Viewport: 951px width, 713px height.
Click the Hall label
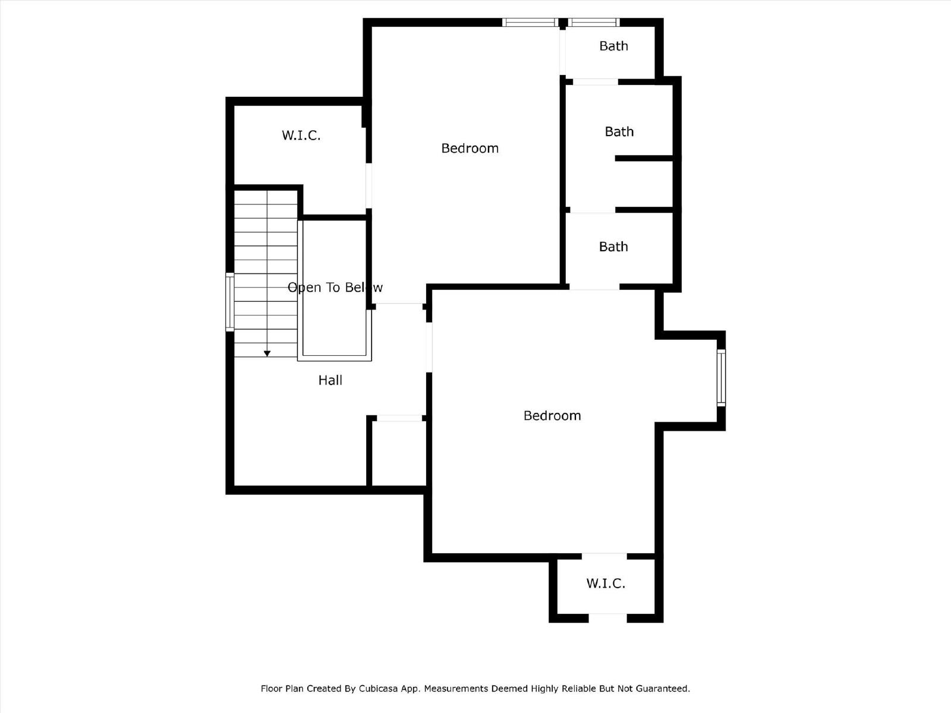click(x=330, y=380)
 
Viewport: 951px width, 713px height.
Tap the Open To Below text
click(x=335, y=288)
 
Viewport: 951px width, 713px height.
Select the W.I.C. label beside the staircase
click(x=301, y=135)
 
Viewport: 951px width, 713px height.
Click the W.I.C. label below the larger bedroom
click(x=606, y=583)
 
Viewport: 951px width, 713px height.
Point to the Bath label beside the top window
click(x=613, y=46)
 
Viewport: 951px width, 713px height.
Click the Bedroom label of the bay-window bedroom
click(x=552, y=415)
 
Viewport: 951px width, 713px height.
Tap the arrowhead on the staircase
click(x=267, y=354)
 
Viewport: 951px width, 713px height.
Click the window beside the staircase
click(x=230, y=302)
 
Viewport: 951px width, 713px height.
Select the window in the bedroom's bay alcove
click(x=721, y=378)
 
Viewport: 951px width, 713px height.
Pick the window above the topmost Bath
click(x=594, y=23)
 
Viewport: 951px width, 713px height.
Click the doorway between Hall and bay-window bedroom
click(x=429, y=347)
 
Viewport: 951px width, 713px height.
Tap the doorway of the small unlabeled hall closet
click(x=399, y=418)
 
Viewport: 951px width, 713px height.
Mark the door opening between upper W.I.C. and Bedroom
click(x=369, y=186)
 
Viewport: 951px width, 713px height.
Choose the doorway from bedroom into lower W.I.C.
click(x=604, y=556)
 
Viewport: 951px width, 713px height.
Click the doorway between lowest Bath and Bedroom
click(x=594, y=287)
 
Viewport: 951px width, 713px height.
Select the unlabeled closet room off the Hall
click(x=399, y=453)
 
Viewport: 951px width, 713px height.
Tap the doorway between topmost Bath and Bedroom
click(x=562, y=52)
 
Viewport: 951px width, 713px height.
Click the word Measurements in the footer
click(x=455, y=689)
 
